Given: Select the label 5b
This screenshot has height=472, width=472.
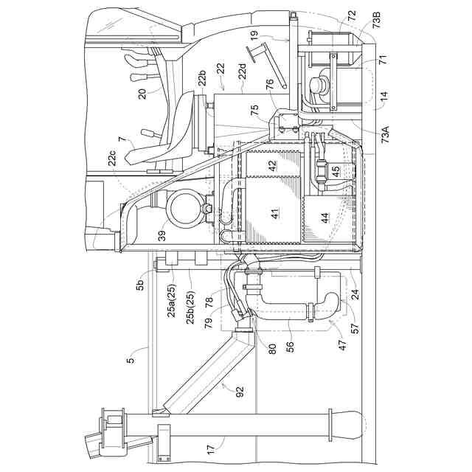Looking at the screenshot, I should click(142, 280).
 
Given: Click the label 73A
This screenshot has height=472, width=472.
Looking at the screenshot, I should click(385, 136).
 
